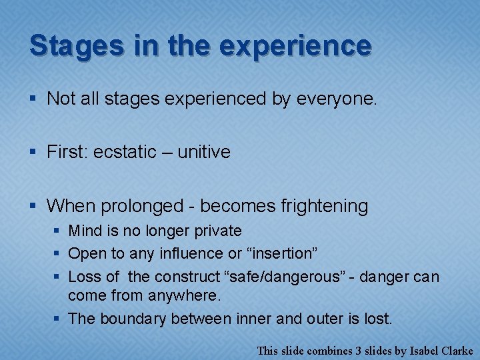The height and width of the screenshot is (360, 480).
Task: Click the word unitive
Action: (x=204, y=152)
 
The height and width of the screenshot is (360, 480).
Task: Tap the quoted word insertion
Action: (x=281, y=254)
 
